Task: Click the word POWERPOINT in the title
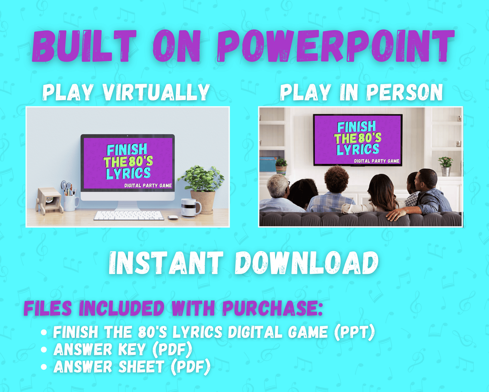pyautogui.click(x=336, y=46)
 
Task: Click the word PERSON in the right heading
pyautogui.click(x=404, y=92)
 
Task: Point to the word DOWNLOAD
pyautogui.click(x=307, y=263)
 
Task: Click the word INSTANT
pyautogui.click(x=166, y=263)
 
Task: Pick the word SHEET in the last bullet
pyautogui.click(x=141, y=366)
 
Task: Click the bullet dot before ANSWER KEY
pyautogui.click(x=44, y=350)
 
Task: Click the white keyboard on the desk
pyautogui.click(x=129, y=216)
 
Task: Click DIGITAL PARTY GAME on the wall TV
pyautogui.click(x=377, y=161)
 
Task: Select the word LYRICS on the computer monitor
pyautogui.click(x=128, y=173)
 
